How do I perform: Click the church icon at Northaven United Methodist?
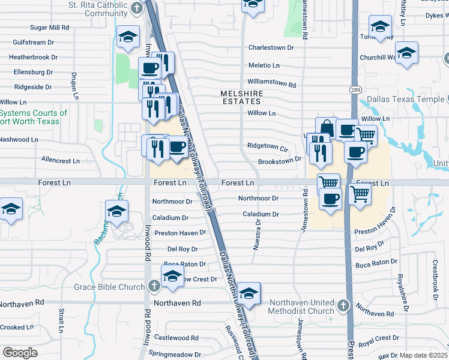point(343,305)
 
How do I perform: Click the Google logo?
point(20,353)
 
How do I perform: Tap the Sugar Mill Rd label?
point(50,28)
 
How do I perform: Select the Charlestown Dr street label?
point(271,47)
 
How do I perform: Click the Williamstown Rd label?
point(272,85)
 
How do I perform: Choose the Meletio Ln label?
point(264,65)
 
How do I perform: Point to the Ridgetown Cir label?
point(268,146)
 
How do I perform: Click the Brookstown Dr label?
point(279,161)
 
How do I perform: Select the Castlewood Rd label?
point(172,338)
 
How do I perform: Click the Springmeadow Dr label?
point(175,354)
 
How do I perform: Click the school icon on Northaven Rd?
point(249,294)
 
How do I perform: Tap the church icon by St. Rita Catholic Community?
point(137,8)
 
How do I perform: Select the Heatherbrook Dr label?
point(33,58)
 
